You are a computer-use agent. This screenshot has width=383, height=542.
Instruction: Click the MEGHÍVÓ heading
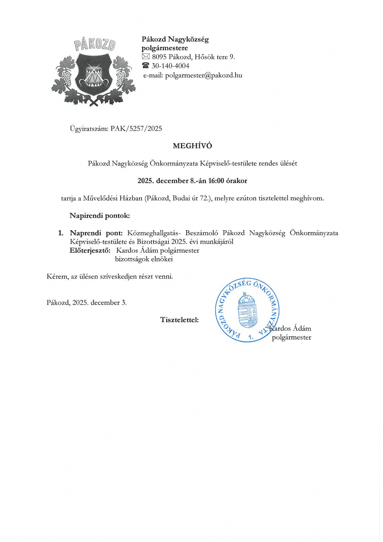pos(192,146)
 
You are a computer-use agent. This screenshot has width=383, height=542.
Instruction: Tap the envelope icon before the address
pos(146,57)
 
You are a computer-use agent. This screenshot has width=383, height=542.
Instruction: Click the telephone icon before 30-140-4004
pos(146,66)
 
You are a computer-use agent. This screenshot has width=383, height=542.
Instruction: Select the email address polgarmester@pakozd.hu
pos(203,75)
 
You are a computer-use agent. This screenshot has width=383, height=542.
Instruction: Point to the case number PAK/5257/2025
pos(136,129)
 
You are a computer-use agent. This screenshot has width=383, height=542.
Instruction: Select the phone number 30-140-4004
pos(170,66)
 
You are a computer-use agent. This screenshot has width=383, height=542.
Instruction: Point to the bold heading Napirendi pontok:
pos(100,215)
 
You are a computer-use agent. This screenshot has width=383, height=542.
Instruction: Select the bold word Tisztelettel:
pos(179,320)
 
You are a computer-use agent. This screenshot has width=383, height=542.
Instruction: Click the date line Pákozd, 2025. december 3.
pos(87,302)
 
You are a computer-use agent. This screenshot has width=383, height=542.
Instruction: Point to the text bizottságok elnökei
pos(144,259)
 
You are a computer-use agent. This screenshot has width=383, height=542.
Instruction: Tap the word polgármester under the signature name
pos(291,337)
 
